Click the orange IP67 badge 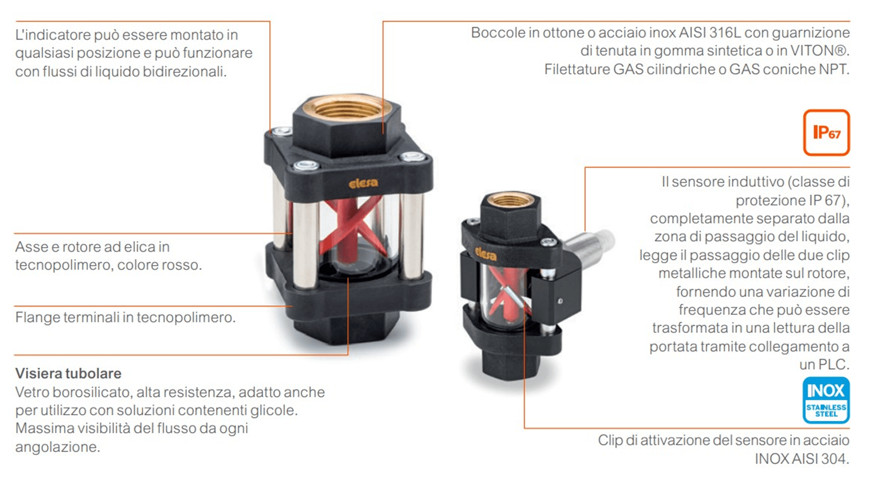point(826,132)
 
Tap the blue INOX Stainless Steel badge point(826,400)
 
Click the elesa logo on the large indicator point(363,183)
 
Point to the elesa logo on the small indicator point(485,254)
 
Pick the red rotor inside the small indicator point(507,293)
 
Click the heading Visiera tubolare point(68,373)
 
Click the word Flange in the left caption point(37,318)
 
